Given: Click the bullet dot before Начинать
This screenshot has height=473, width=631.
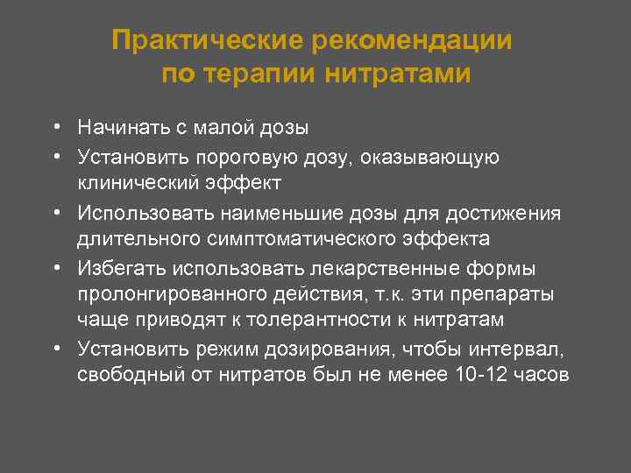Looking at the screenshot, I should (54, 128).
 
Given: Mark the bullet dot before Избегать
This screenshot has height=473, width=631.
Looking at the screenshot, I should (54, 267).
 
